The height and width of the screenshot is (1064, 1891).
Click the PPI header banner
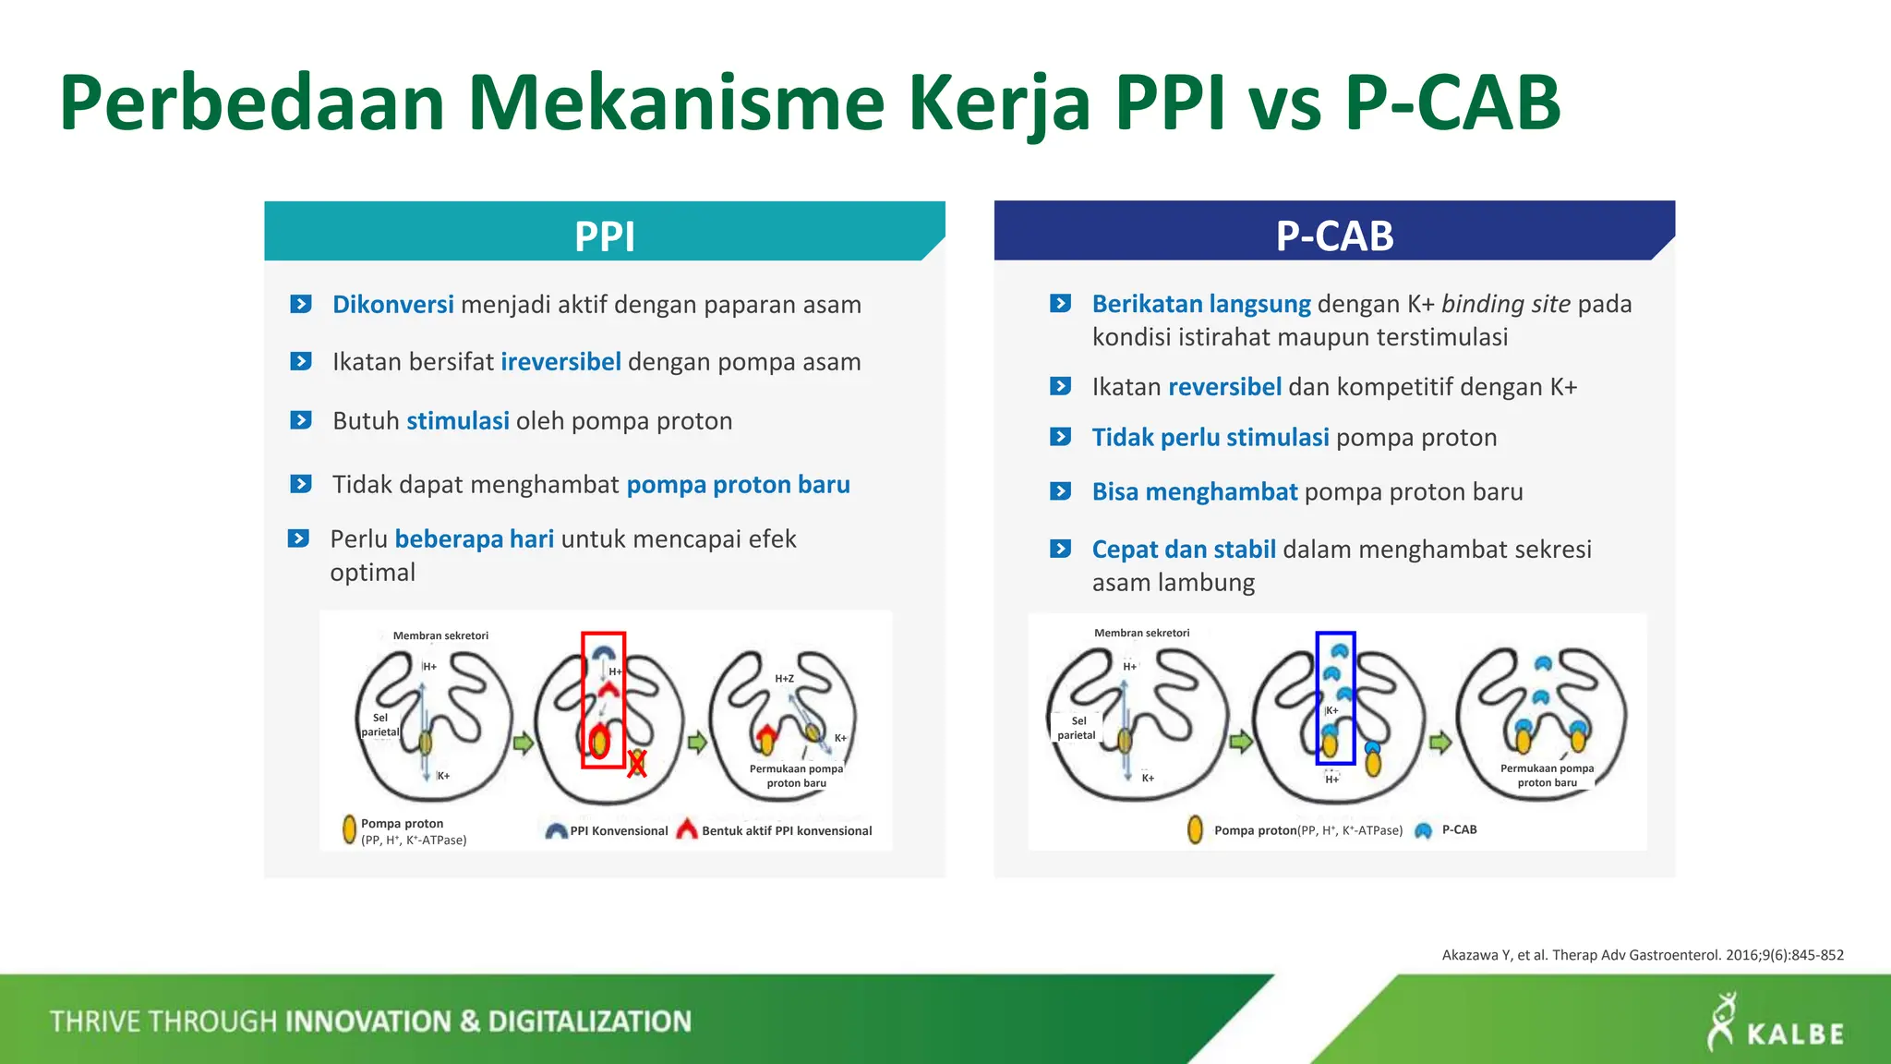click(605, 233)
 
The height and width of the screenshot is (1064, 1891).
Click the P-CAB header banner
click(1334, 233)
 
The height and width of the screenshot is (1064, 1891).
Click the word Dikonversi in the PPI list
click(392, 305)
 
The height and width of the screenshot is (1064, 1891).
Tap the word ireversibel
click(560, 362)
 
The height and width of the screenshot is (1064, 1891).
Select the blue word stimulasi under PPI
click(458, 421)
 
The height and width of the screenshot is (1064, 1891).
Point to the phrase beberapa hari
click(475, 539)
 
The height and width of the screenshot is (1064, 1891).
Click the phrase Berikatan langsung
click(1201, 304)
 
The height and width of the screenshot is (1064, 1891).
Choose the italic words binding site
click(1505, 304)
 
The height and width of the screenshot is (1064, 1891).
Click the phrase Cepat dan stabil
click(1184, 550)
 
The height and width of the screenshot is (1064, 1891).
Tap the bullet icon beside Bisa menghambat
click(1060, 491)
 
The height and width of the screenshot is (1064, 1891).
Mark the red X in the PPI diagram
click(636, 764)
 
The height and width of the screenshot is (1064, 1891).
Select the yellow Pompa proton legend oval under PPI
click(349, 829)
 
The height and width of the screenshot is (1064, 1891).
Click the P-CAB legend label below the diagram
click(1459, 829)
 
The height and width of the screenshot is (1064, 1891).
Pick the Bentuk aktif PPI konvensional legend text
click(786, 831)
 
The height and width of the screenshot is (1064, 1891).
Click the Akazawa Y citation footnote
click(1642, 955)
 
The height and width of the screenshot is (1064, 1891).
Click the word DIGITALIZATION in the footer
click(589, 1022)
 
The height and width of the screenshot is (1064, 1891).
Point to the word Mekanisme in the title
click(676, 103)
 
